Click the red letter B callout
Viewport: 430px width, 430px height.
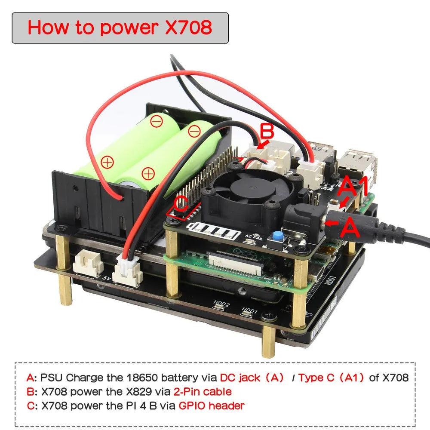[267, 131]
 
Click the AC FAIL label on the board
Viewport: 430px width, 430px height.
[253, 236]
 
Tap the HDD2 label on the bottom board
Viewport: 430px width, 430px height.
[221, 304]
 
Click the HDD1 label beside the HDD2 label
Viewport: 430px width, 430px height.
[249, 310]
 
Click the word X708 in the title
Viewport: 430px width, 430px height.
[189, 28]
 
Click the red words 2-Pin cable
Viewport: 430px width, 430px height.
[203, 392]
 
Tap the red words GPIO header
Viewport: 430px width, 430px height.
[212, 405]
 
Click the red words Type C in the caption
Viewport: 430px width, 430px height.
[316, 378]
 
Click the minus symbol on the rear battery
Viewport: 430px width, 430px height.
[157, 121]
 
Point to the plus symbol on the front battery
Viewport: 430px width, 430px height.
[148, 174]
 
